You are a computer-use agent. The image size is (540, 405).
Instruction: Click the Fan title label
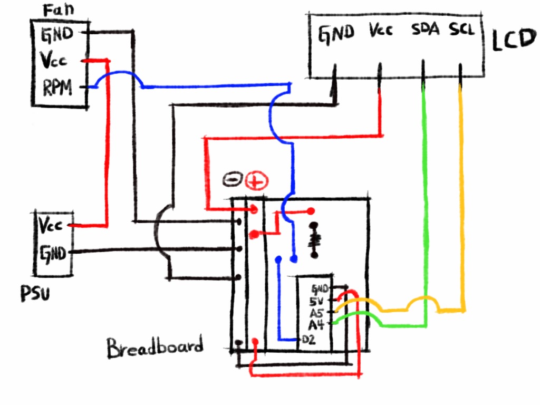(x=58, y=11)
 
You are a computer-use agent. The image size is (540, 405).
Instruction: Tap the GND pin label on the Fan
(x=57, y=34)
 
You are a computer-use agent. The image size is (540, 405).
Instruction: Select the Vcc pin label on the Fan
(x=53, y=60)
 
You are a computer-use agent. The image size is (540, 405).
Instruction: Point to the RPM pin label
(x=57, y=88)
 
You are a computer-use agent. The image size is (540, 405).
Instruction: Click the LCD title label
(x=514, y=40)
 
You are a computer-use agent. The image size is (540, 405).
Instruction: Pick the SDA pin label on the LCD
(x=426, y=30)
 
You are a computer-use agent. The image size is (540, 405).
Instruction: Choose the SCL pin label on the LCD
(x=462, y=29)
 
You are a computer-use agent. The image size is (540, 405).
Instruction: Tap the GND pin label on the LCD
(x=336, y=34)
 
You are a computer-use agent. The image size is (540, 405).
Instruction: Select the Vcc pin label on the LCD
(x=381, y=30)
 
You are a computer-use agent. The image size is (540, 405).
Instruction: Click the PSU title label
(x=35, y=293)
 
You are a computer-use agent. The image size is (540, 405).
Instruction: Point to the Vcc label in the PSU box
(x=50, y=226)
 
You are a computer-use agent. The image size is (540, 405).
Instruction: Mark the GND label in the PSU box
(x=52, y=254)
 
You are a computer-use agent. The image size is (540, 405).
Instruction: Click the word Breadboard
(x=155, y=347)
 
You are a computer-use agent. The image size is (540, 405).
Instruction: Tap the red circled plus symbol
(x=257, y=181)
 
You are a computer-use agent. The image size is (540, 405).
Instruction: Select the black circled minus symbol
(x=233, y=179)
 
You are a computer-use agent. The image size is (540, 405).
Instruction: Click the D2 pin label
(x=308, y=340)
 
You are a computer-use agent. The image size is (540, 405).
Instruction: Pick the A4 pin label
(x=316, y=325)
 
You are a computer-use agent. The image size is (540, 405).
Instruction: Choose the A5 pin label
(x=316, y=313)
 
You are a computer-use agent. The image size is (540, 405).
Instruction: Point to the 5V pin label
(x=316, y=301)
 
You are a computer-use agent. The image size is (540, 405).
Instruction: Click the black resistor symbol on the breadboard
(x=314, y=240)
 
